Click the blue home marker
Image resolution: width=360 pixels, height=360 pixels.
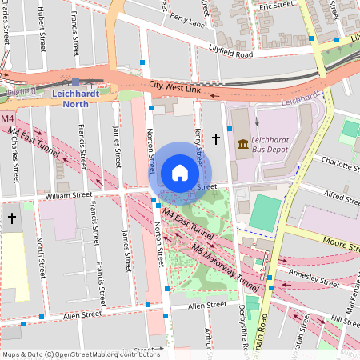pyautogui.click(x=180, y=173)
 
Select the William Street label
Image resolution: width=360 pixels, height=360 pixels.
pyautogui.click(x=69, y=195)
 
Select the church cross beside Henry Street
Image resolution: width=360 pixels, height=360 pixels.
pyautogui.click(x=215, y=139)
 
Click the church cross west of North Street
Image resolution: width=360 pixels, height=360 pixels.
pyautogui.click(x=11, y=218)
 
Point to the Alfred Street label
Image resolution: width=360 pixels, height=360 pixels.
pyautogui.click(x=337, y=194)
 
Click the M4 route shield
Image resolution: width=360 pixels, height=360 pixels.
pyautogui.click(x=7, y=119)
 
